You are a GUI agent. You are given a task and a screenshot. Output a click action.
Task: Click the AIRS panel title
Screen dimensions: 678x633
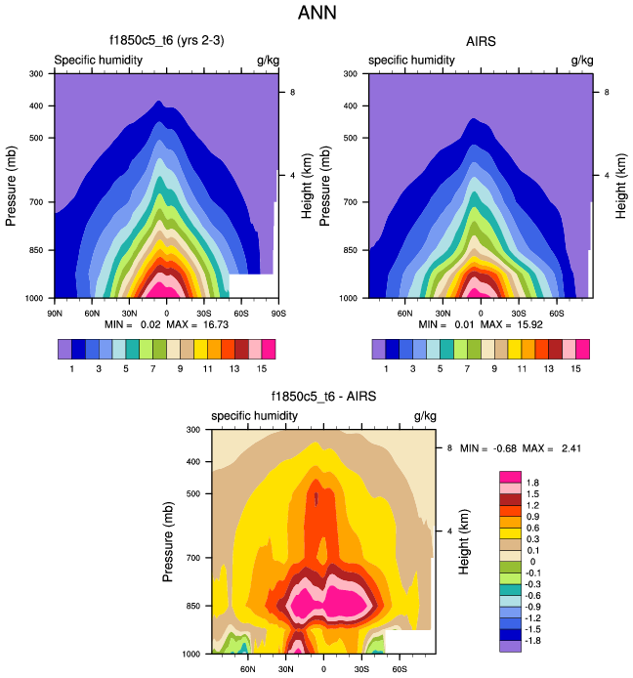click(x=482, y=42)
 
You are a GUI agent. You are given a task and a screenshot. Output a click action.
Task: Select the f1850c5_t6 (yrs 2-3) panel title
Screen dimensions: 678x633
click(x=167, y=42)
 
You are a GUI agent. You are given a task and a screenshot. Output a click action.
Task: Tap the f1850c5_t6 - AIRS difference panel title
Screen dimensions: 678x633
click(x=323, y=398)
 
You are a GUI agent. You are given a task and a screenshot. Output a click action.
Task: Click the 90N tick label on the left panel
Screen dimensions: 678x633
click(x=55, y=313)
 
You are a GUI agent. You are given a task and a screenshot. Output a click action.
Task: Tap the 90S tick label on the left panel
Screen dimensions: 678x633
click(x=277, y=313)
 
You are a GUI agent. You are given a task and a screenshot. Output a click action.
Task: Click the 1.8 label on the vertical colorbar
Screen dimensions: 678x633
click(x=533, y=483)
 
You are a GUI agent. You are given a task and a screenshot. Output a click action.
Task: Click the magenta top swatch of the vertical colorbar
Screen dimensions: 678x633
click(x=510, y=476)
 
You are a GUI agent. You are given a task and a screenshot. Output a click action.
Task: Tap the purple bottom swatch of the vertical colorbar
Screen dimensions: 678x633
click(x=510, y=646)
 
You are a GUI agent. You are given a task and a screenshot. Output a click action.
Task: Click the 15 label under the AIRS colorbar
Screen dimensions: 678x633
click(x=575, y=367)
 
